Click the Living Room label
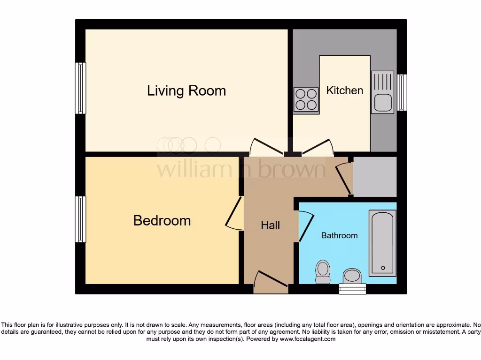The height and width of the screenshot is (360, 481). click(186, 90)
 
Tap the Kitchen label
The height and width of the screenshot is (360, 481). click(345, 90)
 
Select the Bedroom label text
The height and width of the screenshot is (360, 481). click(162, 220)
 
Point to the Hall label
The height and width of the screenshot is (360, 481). click(271, 225)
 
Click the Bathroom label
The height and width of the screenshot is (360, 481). click(339, 235)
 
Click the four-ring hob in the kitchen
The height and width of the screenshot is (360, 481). click(306, 100)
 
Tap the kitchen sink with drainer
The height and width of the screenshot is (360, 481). click(383, 92)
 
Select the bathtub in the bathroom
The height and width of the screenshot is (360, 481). click(383, 243)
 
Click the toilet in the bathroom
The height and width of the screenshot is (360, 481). click(323, 272)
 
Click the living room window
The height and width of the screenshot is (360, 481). click(80, 88)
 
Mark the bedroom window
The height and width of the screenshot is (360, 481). click(80, 219)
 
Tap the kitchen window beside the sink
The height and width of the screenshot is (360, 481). click(402, 92)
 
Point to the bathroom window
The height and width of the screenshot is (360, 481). click(352, 289)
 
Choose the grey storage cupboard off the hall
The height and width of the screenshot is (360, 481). click(375, 177)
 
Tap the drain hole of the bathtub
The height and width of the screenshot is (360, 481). click(383, 268)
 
